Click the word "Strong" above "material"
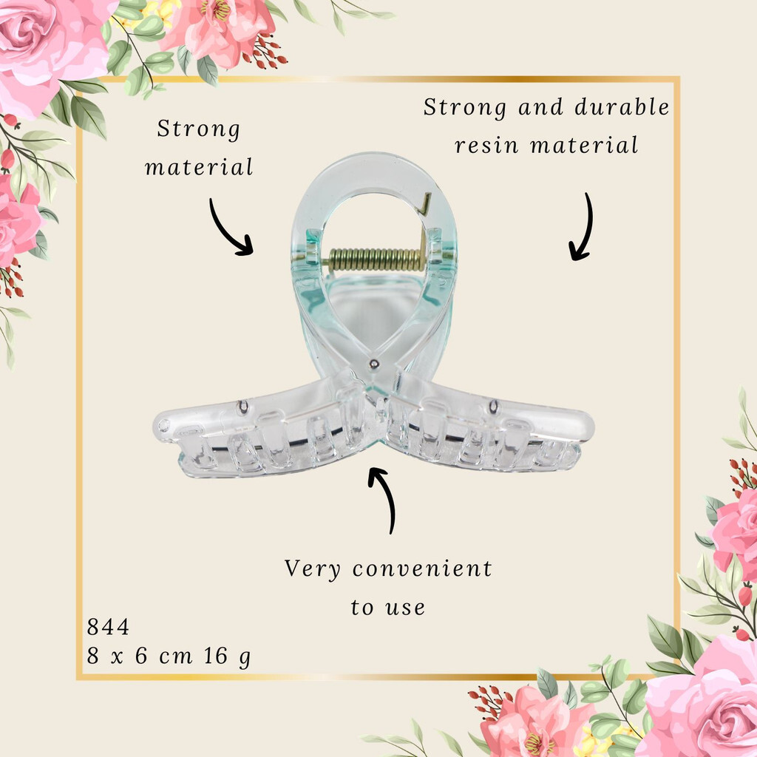pos(198,129)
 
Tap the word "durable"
pos(622,106)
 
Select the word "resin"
pos(486,146)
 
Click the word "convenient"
pos(422,568)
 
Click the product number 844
pos(108,627)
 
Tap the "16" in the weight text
pos(215,656)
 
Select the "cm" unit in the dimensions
pos(176,657)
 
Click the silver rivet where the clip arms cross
pos(373,364)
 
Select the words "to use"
pos(388,608)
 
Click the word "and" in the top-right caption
pos(540,107)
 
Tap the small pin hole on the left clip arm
pos(242,408)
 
